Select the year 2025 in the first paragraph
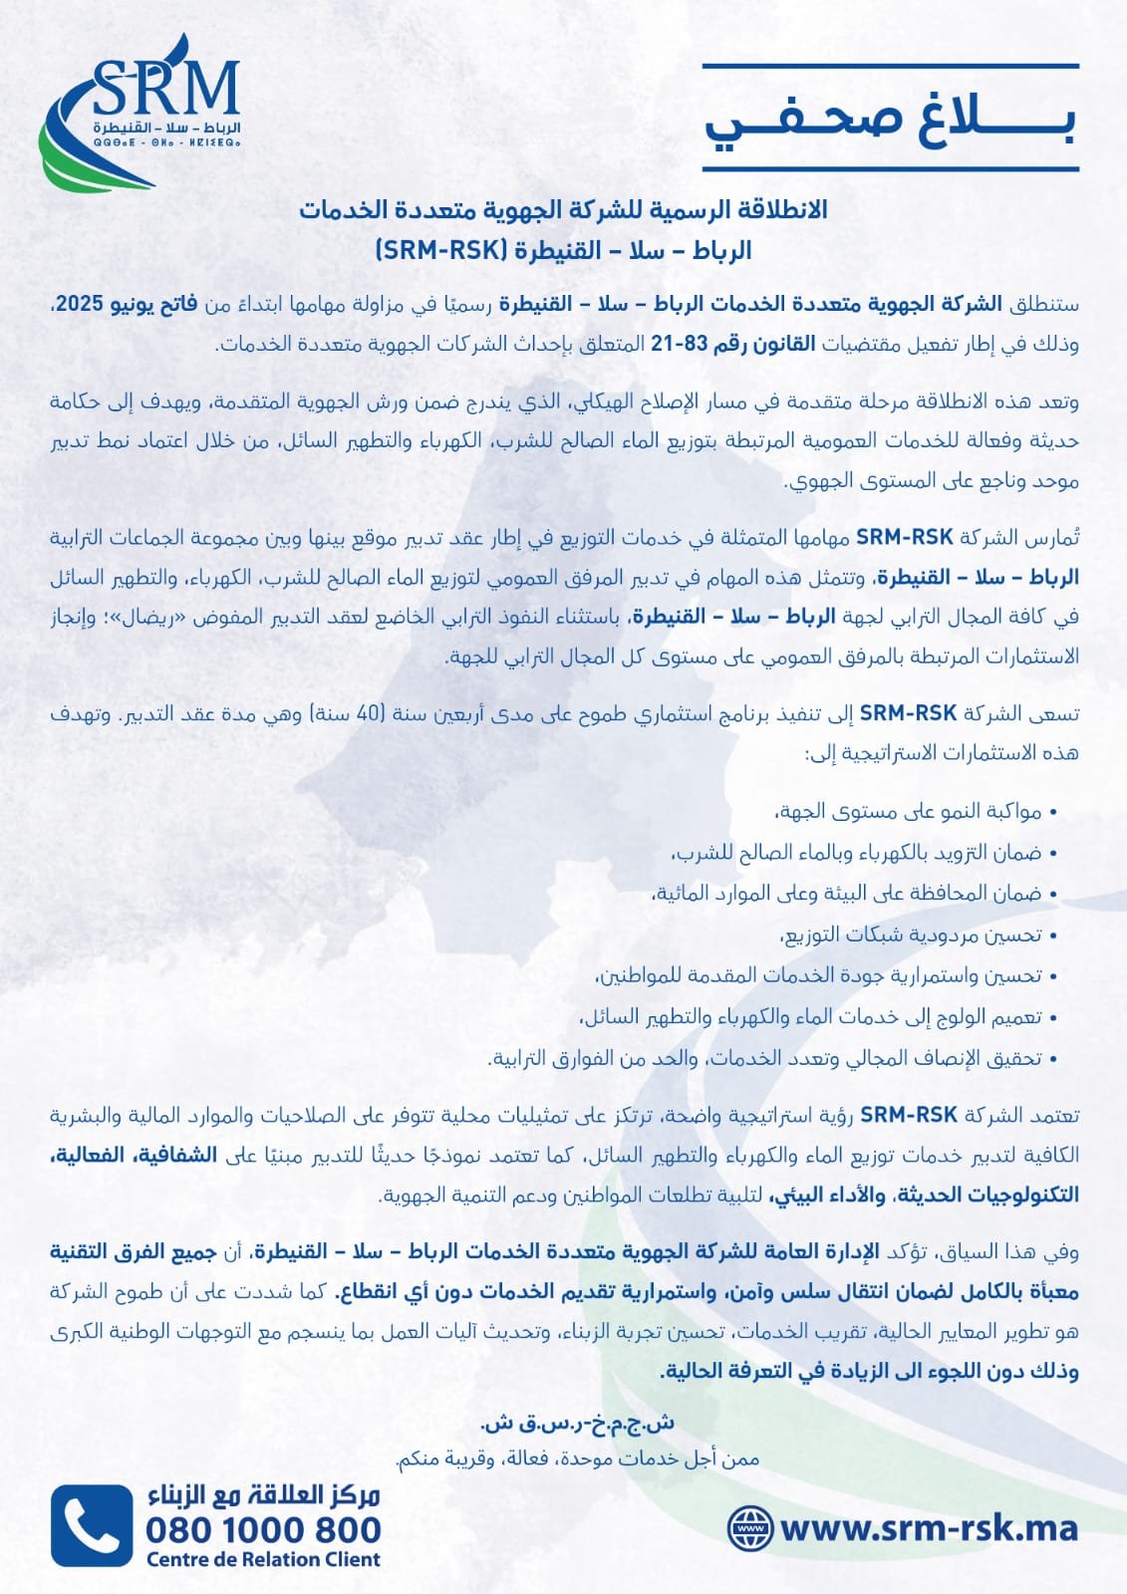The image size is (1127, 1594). pos(80,304)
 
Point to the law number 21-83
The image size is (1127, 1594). pos(680,345)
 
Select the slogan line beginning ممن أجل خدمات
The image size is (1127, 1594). pos(577,1460)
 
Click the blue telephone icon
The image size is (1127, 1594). pos(92,1525)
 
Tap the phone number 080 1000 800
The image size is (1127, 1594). pos(263,1529)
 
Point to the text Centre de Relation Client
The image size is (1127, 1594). pos(263,1560)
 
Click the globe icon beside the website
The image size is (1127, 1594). pos(750,1528)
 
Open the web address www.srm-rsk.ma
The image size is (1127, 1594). pos(928,1528)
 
